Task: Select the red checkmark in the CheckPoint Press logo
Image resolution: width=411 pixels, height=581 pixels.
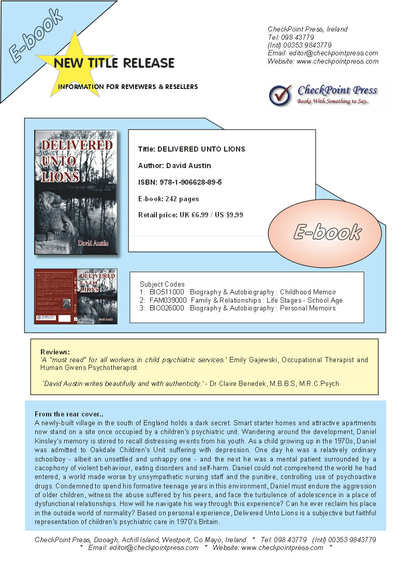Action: click(x=280, y=95)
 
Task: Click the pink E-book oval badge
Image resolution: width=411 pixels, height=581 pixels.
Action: click(x=327, y=232)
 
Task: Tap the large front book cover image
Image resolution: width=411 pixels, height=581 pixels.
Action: click(x=76, y=192)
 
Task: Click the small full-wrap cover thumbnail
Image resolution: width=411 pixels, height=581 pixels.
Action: click(x=76, y=296)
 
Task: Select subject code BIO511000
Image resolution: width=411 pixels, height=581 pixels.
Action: click(x=166, y=292)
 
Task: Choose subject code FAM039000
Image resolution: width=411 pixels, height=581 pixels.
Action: click(x=167, y=300)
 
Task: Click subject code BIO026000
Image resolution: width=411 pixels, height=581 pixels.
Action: click(x=166, y=308)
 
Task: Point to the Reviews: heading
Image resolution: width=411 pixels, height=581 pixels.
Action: click(x=55, y=352)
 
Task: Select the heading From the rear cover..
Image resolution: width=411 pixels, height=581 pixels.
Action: click(x=69, y=414)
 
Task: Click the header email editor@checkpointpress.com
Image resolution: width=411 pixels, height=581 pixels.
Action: click(x=334, y=53)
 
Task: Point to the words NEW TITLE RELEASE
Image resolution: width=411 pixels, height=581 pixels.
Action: click(x=114, y=63)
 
